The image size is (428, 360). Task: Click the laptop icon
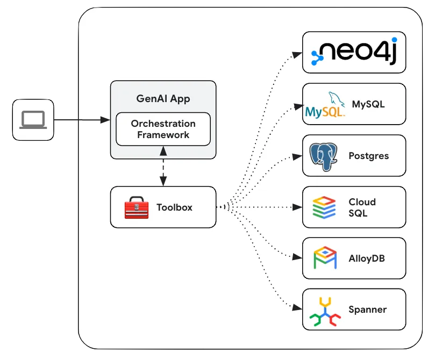(x=33, y=119)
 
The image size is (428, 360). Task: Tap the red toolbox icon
(x=137, y=207)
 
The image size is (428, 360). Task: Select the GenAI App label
(x=163, y=99)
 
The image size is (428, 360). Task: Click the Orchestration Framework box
(x=163, y=129)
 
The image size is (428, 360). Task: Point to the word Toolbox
(x=174, y=207)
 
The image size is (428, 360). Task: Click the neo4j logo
(x=354, y=51)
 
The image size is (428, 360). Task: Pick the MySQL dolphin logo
(x=325, y=105)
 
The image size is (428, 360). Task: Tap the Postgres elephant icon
(x=323, y=157)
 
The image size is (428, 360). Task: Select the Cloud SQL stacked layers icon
(x=324, y=207)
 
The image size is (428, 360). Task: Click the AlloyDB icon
(x=325, y=258)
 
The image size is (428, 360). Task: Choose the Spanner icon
(x=325, y=312)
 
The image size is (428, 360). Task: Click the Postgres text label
(x=369, y=156)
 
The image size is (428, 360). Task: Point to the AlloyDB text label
(x=367, y=258)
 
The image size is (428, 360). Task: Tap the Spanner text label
(x=368, y=309)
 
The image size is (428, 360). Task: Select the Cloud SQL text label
(x=362, y=207)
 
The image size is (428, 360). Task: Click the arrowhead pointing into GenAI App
(x=105, y=120)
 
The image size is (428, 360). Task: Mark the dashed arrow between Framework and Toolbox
(x=163, y=166)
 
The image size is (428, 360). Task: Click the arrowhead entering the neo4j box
(x=297, y=55)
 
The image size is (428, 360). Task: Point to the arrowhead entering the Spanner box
(x=297, y=308)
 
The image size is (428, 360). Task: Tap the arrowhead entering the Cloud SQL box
(x=297, y=207)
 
